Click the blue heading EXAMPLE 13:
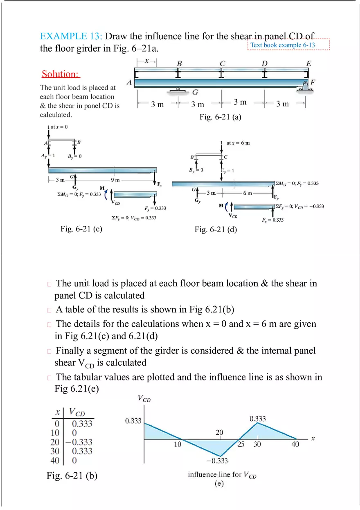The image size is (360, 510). (71, 36)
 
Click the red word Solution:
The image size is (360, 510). (61, 74)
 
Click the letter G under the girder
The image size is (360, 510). (196, 92)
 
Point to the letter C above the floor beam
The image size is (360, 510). (223, 63)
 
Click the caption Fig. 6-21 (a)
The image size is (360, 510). (220, 117)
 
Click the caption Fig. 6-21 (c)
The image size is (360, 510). (81, 229)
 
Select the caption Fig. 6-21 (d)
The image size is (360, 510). (216, 229)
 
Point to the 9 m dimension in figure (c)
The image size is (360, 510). (115, 180)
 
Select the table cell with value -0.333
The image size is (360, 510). (82, 442)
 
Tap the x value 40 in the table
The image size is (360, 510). (55, 461)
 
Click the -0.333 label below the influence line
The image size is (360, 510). (217, 461)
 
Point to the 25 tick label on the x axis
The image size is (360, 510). (241, 445)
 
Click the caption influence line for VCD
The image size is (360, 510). (222, 475)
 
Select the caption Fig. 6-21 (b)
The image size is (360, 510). (72, 476)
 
